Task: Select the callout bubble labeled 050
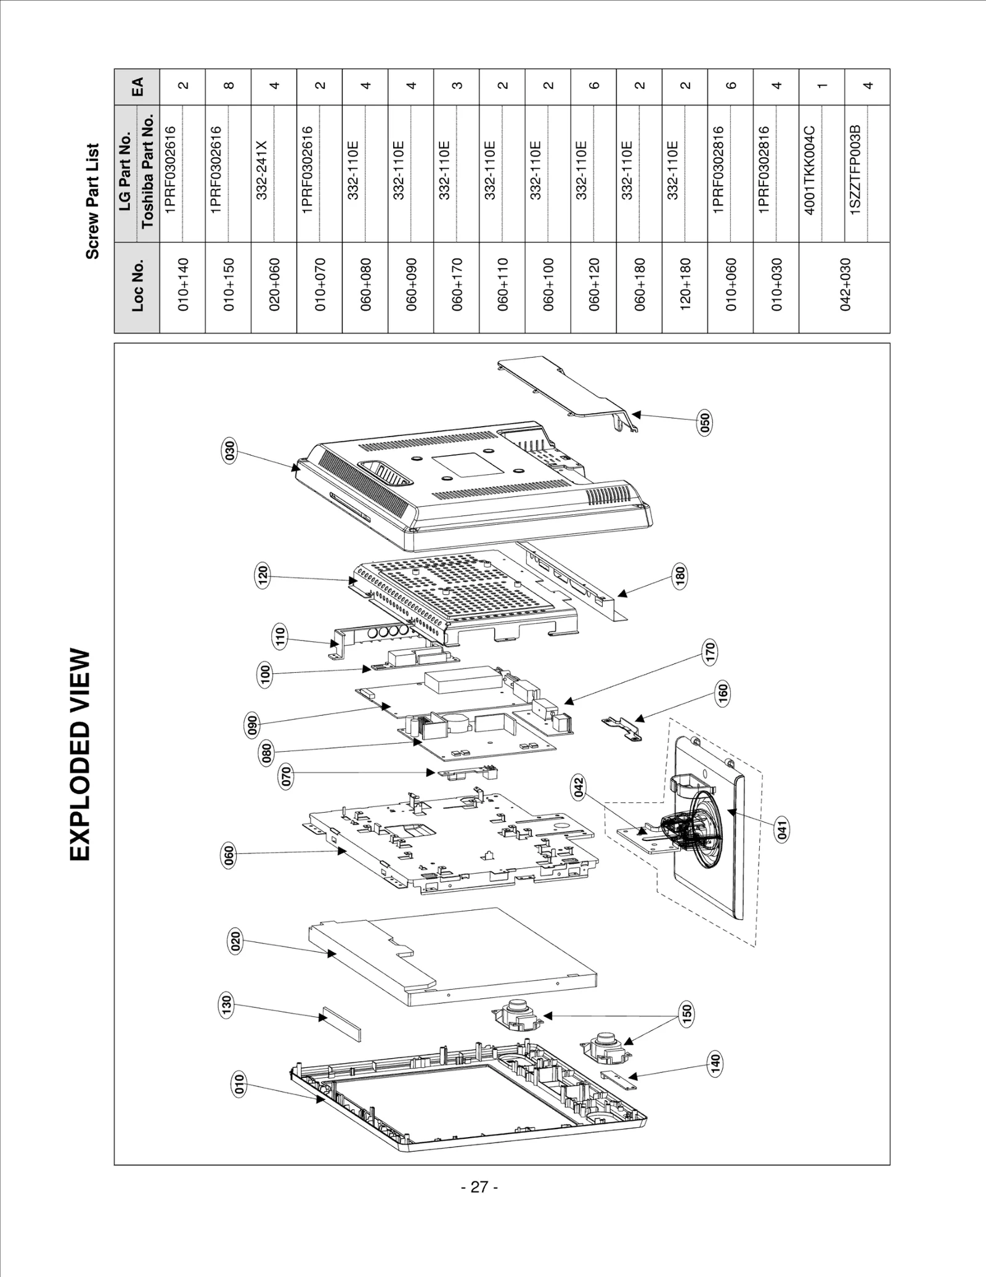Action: pos(705,422)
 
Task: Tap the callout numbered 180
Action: pos(680,576)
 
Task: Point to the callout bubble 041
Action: pos(781,830)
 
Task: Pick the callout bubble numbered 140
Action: pos(715,1063)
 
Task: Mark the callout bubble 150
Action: pos(687,1014)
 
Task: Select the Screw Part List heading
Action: pos(92,201)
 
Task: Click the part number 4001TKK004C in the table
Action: pos(810,171)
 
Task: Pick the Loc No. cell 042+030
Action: pos(844,284)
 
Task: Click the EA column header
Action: pos(137,86)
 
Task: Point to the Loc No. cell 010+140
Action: pos(183,284)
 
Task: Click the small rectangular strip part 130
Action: pos(340,1025)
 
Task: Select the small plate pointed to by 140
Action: pos(617,1079)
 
